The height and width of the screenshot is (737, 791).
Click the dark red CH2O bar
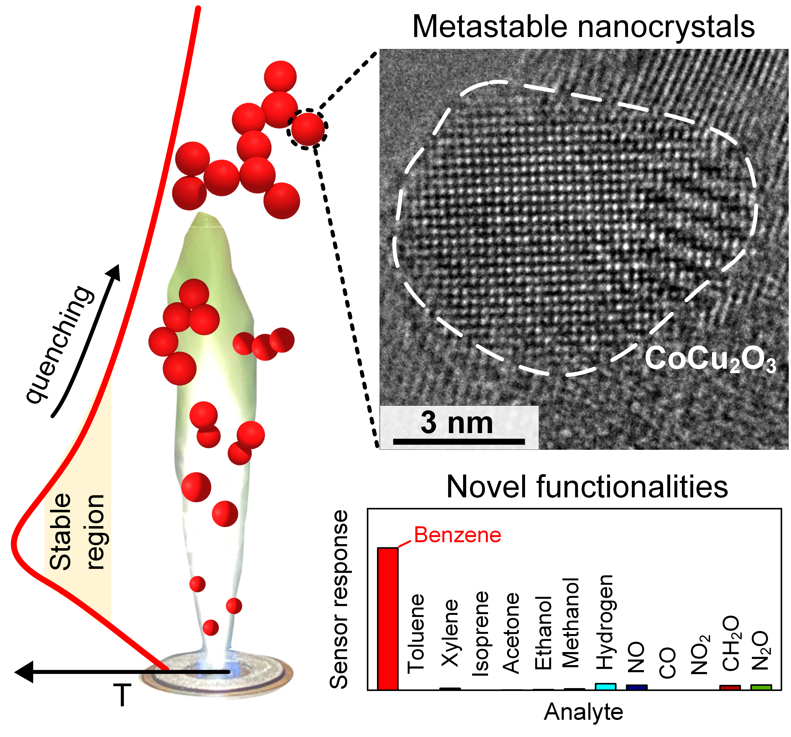coord(730,687)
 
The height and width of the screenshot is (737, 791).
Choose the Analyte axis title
coord(583,712)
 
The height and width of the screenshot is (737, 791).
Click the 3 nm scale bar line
coord(459,442)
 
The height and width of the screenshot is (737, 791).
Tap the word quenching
coord(60,344)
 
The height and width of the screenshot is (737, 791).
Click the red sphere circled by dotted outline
coord(308,129)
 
